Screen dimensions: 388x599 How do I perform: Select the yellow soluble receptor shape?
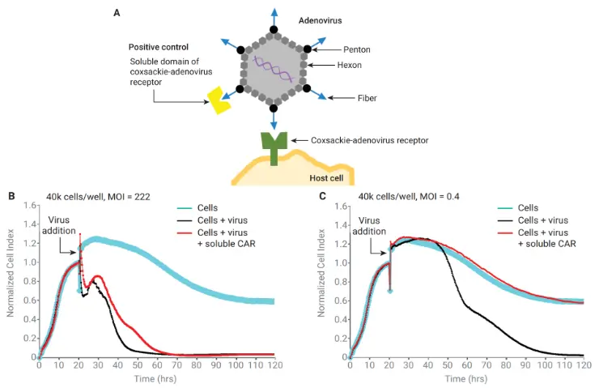click(x=217, y=100)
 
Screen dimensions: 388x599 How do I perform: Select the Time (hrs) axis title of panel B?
click(x=156, y=378)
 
